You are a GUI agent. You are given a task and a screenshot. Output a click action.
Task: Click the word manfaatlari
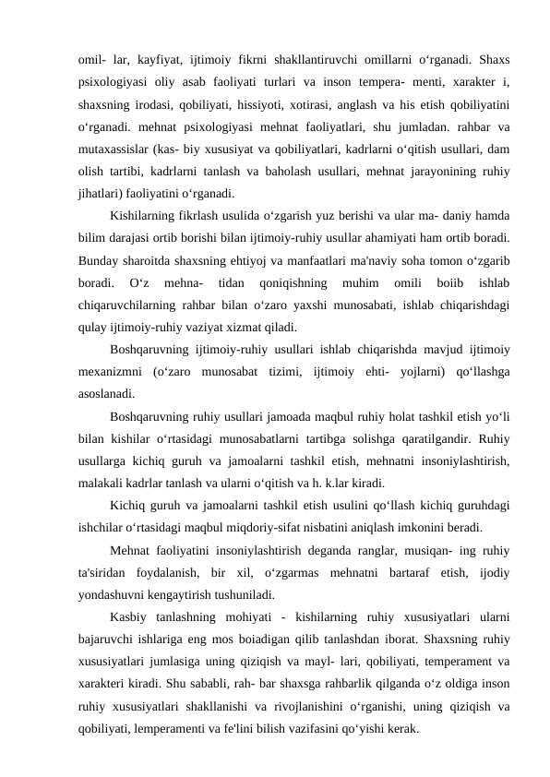coord(343,270)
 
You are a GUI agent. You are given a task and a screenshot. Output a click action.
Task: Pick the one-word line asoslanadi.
coord(108,421)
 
